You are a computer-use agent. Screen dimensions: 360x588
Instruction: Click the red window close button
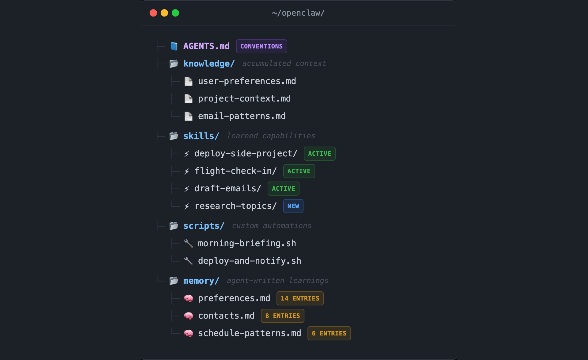153,13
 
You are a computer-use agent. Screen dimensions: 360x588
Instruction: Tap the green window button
175,13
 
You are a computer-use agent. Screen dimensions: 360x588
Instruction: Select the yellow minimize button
164,13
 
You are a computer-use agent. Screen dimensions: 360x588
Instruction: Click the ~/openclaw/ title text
298,13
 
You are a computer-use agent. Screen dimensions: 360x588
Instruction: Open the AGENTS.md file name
206,46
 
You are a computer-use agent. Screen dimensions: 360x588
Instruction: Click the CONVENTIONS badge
262,46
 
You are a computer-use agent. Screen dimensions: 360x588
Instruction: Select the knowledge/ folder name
209,64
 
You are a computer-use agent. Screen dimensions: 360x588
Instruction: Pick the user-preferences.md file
247,81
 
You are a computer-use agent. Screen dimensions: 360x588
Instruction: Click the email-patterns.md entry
242,116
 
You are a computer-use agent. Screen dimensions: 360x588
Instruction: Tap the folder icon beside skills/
174,136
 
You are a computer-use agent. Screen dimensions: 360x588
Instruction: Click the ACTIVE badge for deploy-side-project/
319,154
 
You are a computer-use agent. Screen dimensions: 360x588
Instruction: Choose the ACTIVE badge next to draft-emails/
283,189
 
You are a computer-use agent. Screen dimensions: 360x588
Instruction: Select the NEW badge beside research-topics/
293,206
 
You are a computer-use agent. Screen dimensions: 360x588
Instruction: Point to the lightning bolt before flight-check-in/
187,171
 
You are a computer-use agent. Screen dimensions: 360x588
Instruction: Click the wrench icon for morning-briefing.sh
188,243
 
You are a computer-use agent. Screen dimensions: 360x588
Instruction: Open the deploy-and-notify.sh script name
249,261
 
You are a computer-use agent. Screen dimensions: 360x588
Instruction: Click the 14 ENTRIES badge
300,298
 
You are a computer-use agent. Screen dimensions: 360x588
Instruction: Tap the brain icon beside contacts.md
188,316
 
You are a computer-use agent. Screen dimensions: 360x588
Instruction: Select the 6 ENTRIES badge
329,333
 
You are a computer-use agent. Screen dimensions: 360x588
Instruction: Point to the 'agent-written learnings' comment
277,281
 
